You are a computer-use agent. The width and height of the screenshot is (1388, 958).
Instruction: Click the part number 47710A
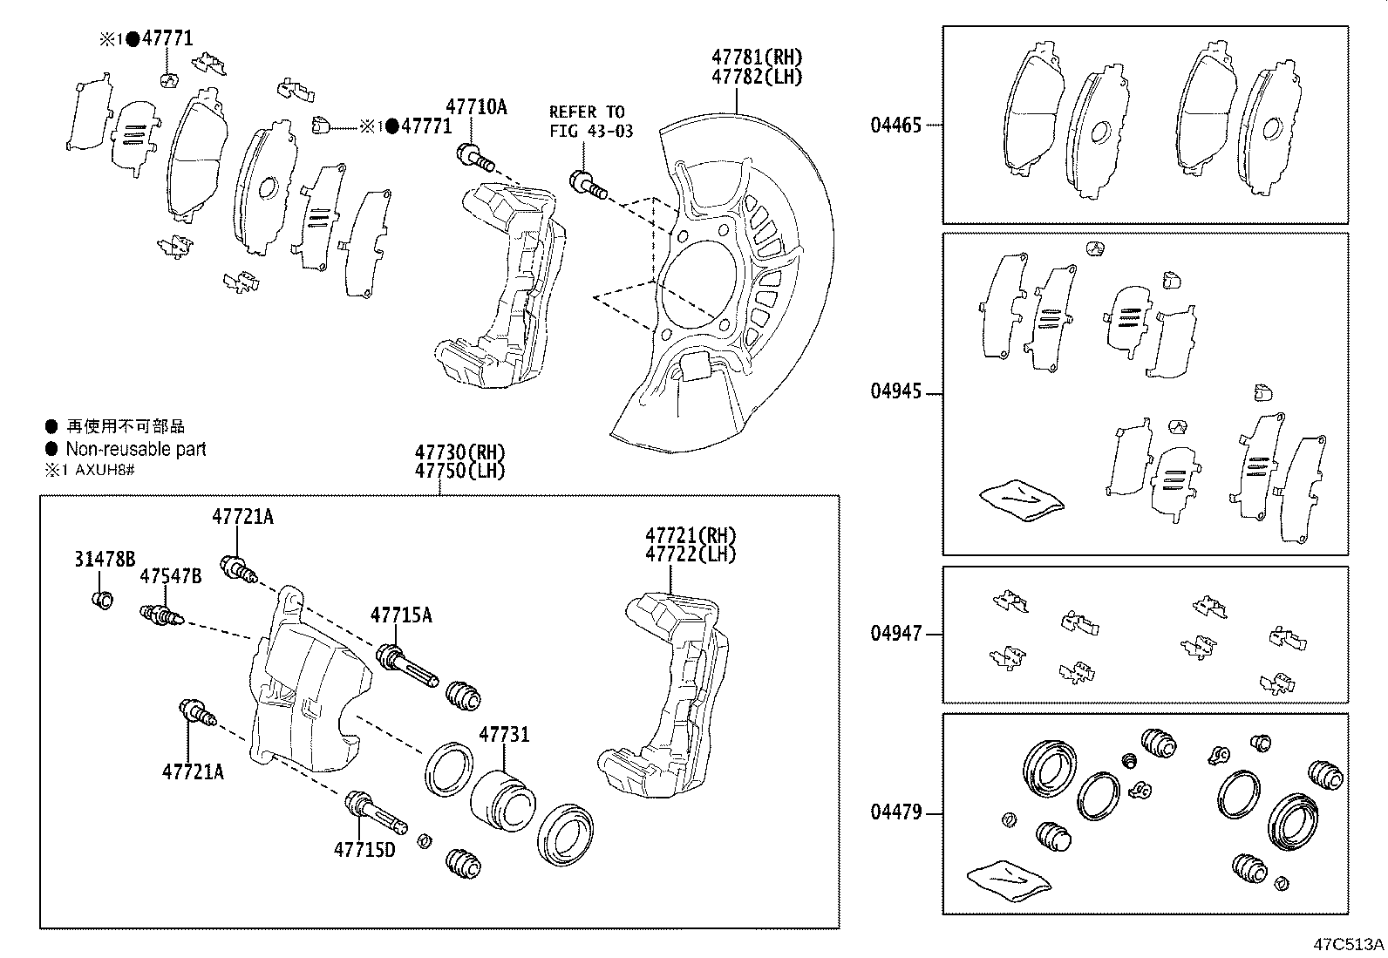(x=476, y=107)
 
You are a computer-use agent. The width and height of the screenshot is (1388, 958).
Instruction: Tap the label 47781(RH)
(x=757, y=57)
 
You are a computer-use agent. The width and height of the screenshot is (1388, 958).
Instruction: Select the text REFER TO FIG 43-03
(x=590, y=121)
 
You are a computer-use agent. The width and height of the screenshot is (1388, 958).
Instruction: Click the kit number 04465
(x=895, y=125)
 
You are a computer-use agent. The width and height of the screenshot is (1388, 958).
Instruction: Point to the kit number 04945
(x=895, y=391)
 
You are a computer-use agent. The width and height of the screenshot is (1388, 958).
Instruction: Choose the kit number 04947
(x=895, y=634)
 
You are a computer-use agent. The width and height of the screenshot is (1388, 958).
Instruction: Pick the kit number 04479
(x=895, y=812)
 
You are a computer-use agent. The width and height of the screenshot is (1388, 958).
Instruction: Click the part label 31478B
(x=104, y=560)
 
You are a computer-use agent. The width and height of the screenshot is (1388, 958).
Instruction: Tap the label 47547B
(x=171, y=575)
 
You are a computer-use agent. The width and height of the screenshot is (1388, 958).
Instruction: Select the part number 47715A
(x=401, y=615)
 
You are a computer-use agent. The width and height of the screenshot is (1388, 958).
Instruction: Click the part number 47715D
(x=364, y=848)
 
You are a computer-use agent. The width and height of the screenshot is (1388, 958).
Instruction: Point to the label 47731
(x=503, y=735)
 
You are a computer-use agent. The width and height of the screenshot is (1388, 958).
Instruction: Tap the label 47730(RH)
(x=459, y=452)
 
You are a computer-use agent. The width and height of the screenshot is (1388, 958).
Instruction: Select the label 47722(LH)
(x=691, y=554)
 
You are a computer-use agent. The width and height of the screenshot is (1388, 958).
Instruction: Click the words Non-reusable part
(x=136, y=449)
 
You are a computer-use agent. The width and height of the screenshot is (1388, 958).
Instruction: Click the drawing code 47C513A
(x=1350, y=944)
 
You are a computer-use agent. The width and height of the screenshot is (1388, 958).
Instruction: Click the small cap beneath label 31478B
(x=102, y=600)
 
